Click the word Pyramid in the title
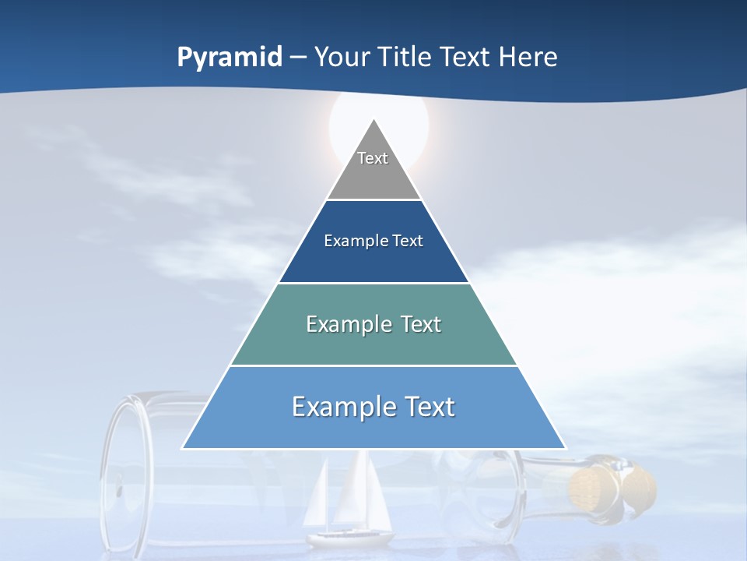tap(230, 58)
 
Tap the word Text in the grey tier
tap(373, 158)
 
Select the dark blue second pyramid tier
tap(373, 261)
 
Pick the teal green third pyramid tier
tap(373, 347)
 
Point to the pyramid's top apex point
tap(373, 119)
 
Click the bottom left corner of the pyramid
tap(183, 448)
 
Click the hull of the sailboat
tap(350, 538)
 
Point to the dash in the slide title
tap(298, 58)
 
